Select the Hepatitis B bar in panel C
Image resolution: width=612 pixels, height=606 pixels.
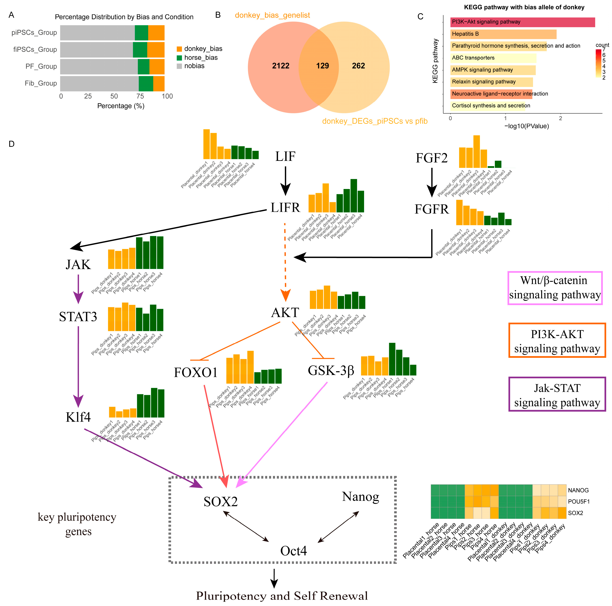(x=503, y=34)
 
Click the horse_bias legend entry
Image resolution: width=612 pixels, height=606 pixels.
(x=201, y=57)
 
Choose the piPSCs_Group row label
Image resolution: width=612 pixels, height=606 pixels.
(x=34, y=33)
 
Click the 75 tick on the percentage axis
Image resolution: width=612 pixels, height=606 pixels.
(x=140, y=96)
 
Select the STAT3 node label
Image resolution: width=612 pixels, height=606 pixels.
(x=78, y=316)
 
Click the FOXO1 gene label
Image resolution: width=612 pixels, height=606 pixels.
(x=196, y=372)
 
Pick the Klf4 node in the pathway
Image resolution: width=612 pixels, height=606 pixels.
(x=78, y=417)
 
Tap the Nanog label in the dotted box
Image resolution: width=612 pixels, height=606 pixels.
(x=360, y=497)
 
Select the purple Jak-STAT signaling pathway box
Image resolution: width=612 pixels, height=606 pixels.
(x=557, y=394)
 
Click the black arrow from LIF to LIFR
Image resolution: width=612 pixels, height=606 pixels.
(x=285, y=181)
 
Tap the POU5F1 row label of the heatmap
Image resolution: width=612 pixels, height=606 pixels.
(x=578, y=501)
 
